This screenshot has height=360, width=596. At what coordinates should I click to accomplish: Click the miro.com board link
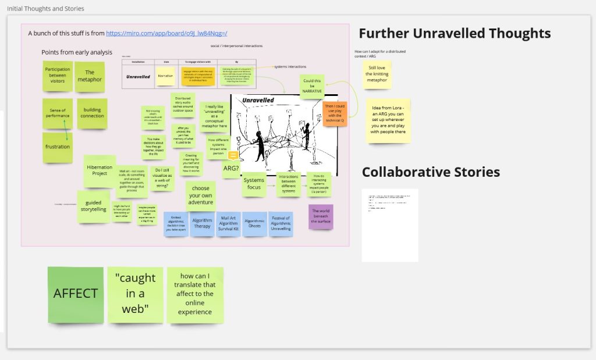click(x=166, y=33)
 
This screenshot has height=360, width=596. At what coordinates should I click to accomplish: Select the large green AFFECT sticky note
click(x=76, y=294)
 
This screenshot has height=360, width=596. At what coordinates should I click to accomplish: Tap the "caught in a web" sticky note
click(x=135, y=294)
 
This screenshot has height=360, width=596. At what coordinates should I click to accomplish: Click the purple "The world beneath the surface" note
click(x=320, y=216)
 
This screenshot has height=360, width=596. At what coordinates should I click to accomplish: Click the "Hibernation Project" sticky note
click(x=100, y=170)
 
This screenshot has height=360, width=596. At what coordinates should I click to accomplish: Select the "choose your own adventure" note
click(x=201, y=196)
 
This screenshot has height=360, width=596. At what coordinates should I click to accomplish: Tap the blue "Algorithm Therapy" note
click(x=202, y=224)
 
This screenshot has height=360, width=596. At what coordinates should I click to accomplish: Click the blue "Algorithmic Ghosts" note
click(x=254, y=224)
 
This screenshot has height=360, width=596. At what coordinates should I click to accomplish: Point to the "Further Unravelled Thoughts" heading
click(x=454, y=33)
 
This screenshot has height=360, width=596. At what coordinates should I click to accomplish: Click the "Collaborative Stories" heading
click(x=431, y=172)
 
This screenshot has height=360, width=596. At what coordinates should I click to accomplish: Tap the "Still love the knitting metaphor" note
click(x=377, y=74)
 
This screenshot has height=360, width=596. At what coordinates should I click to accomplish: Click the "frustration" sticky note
click(x=58, y=147)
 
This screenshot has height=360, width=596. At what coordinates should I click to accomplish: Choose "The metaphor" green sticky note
click(x=90, y=76)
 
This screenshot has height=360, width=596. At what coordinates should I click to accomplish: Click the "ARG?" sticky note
click(x=231, y=169)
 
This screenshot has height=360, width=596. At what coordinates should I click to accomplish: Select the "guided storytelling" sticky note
click(x=93, y=206)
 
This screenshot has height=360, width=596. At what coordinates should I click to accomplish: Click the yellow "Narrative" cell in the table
click(x=165, y=76)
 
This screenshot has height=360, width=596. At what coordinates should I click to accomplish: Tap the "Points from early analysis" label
click(x=76, y=52)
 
